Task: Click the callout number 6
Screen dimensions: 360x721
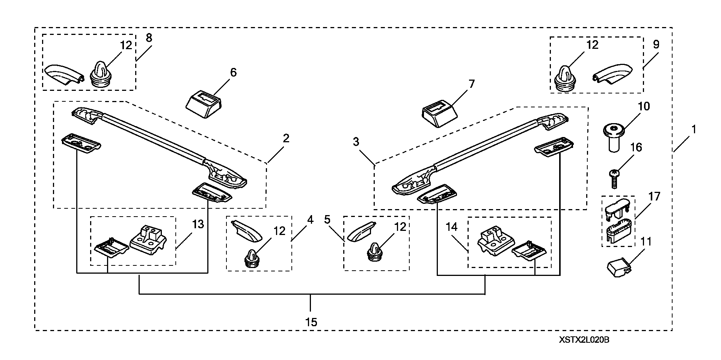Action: tap(233, 72)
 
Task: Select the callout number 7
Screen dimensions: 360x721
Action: tap(472, 84)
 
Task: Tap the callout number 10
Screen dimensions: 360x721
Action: tap(644, 106)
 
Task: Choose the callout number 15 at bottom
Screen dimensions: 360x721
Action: tap(311, 322)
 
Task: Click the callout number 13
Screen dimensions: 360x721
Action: tap(198, 224)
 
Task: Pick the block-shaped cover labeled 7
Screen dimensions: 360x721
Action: tap(440, 115)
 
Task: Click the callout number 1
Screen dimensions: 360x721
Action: tap(693, 130)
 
